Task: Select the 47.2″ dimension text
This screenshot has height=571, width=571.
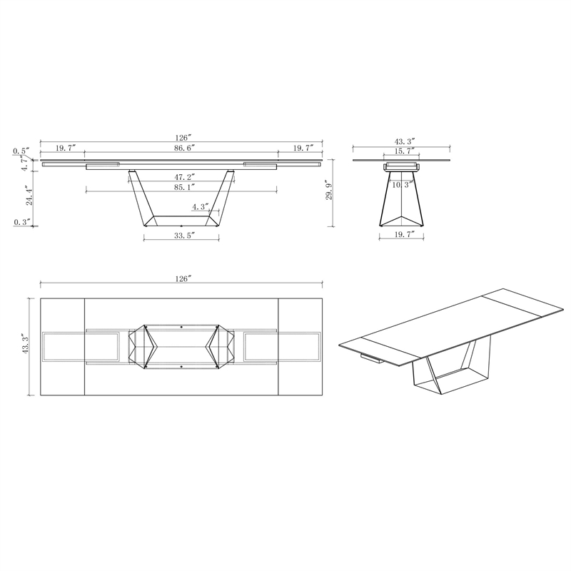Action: coord(184,176)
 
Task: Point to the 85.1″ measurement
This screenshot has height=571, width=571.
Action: coord(184,187)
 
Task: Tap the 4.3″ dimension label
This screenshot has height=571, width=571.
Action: coord(201,207)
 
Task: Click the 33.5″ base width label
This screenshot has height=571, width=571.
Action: coord(184,236)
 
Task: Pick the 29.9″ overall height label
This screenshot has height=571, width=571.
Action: coord(329,189)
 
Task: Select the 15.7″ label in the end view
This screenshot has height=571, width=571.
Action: coord(404,151)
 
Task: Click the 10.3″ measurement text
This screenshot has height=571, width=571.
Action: coord(403,185)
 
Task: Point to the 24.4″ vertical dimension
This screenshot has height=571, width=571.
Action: coord(29,195)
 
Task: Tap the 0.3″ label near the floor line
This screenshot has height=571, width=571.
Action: coord(21,222)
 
